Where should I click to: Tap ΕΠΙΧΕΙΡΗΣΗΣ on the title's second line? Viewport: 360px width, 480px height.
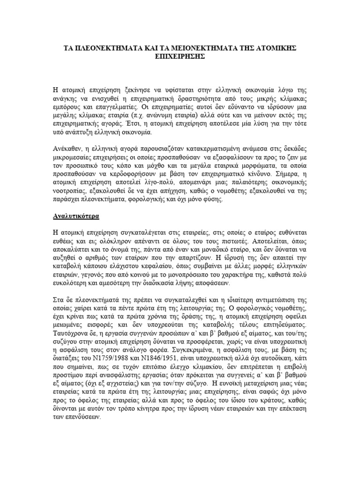tap(180, 56)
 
